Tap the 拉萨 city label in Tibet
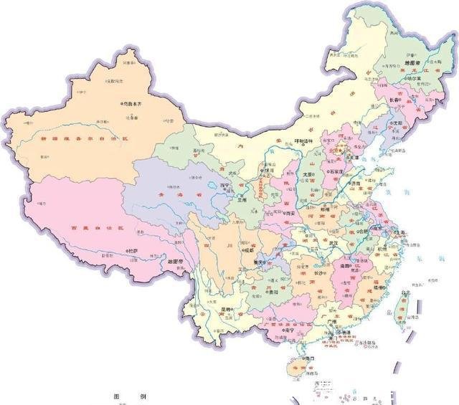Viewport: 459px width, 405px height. tap(133, 251)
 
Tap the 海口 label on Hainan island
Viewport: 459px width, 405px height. tap(310, 357)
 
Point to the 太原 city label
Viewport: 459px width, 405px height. tap(308, 173)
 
